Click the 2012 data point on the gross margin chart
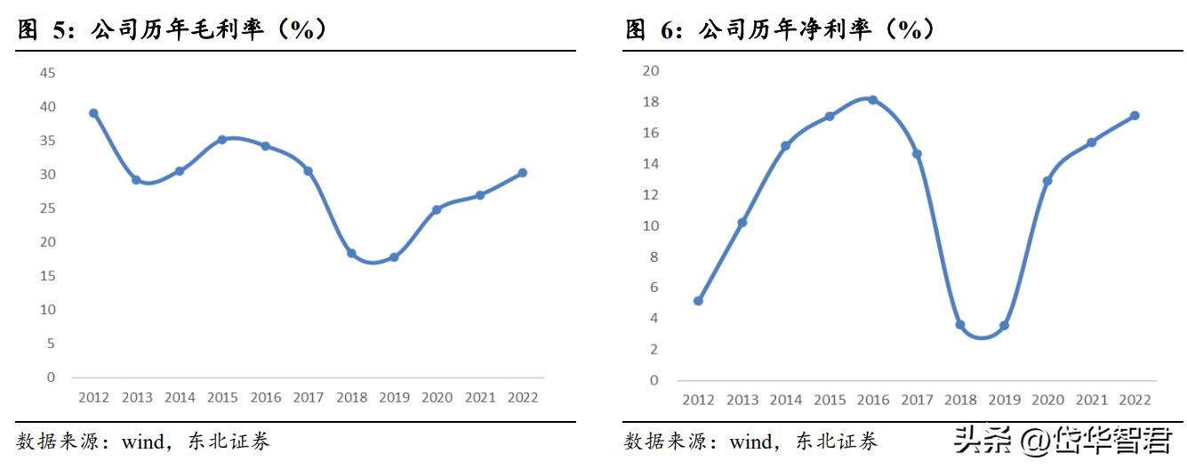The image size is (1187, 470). (x=93, y=113)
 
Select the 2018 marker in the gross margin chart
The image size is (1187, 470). (x=351, y=254)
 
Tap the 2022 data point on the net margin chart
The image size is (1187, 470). (x=1135, y=116)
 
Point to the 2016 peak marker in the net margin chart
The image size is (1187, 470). (x=872, y=100)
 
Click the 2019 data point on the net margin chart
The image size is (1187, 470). (x=1004, y=326)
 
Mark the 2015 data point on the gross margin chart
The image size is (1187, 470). (x=222, y=140)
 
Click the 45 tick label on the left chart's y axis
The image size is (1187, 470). (x=46, y=73)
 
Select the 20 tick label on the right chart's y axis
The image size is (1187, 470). (x=651, y=71)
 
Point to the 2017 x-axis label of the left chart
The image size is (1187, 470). (x=308, y=398)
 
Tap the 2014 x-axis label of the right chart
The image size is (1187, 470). (x=785, y=401)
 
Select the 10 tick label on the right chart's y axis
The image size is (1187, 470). (x=651, y=225)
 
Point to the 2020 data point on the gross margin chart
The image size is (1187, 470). (x=437, y=210)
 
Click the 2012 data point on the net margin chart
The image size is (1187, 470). (x=698, y=301)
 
